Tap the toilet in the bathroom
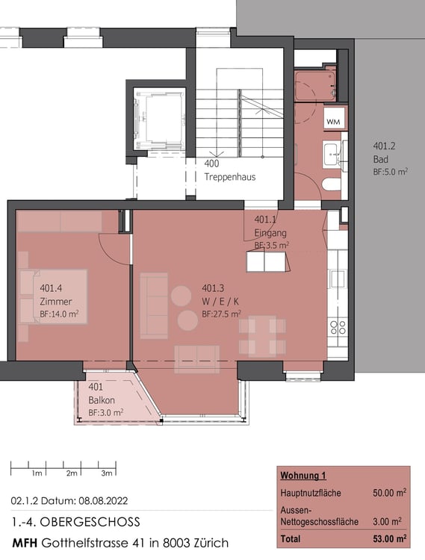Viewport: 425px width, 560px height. [x=331, y=184]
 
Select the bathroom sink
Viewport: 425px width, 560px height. [x=331, y=154]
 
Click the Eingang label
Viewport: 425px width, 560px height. [x=270, y=232]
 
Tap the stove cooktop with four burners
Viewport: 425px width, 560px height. [x=338, y=327]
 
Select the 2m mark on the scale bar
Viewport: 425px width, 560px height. [x=72, y=473]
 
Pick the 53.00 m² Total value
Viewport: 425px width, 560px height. [x=389, y=538]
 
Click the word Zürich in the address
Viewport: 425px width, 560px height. [x=208, y=543]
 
